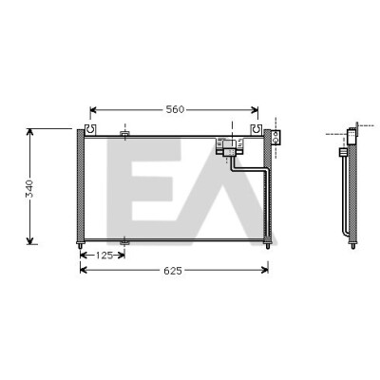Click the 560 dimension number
(175, 109)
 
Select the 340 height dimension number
(29, 188)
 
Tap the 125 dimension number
(105, 256)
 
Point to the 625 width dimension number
(173, 271)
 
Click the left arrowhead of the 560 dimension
(93, 110)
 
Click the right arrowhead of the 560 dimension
(255, 110)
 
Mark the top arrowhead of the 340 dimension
(29, 132)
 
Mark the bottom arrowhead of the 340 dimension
(29, 241)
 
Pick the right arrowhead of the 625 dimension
(265, 270)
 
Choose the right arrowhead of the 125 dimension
(122, 255)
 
